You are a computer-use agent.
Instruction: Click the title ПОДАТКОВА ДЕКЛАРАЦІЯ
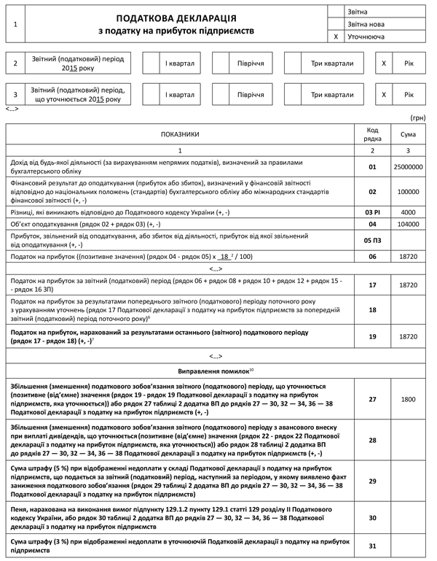point(176,18)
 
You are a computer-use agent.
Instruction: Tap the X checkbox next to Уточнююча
point(336,36)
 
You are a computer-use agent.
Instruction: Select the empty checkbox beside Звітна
point(336,12)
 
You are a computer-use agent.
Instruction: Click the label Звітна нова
point(366,24)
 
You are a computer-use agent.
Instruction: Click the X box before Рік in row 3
point(384,95)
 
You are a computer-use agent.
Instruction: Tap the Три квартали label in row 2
point(332,63)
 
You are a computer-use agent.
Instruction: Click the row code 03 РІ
point(373,212)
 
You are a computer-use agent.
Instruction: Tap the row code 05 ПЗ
point(373,240)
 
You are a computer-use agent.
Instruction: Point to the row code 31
point(373,546)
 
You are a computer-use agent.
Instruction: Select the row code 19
point(373,336)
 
